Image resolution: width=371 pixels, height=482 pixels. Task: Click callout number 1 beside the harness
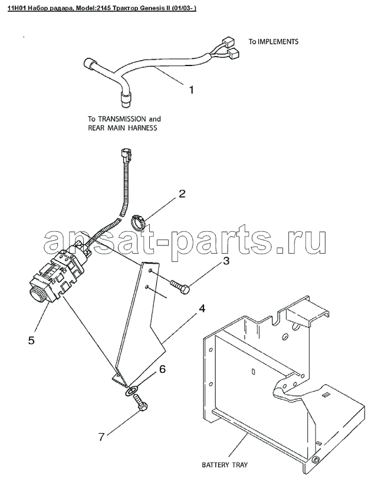click(191, 90)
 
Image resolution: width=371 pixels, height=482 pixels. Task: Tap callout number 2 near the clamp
click(182, 194)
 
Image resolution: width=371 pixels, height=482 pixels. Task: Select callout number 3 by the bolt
click(226, 261)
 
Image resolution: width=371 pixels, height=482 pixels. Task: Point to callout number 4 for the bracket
click(202, 309)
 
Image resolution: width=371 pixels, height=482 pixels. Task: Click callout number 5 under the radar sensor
click(32, 340)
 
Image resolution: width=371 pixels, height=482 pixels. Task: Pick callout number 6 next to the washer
click(162, 369)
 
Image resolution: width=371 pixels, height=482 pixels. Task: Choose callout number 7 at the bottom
click(102, 437)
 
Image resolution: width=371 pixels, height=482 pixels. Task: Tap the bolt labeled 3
click(179, 286)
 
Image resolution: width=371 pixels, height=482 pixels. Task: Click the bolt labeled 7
click(141, 403)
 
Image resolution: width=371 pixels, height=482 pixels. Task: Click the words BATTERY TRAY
click(224, 465)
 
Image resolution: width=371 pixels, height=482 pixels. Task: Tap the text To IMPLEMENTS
click(273, 41)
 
